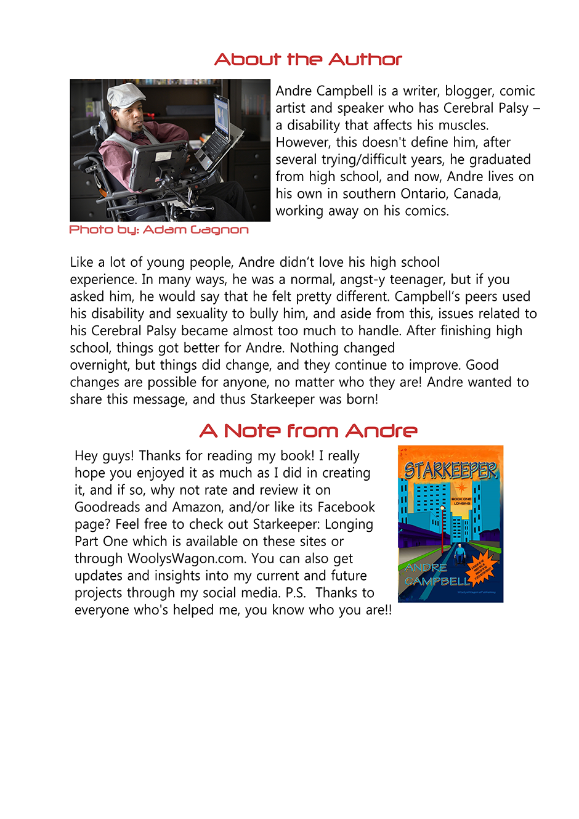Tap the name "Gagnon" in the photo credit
pos(219,230)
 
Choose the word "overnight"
pos(99,365)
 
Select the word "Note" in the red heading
pos(251,431)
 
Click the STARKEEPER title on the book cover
pos(450,471)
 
